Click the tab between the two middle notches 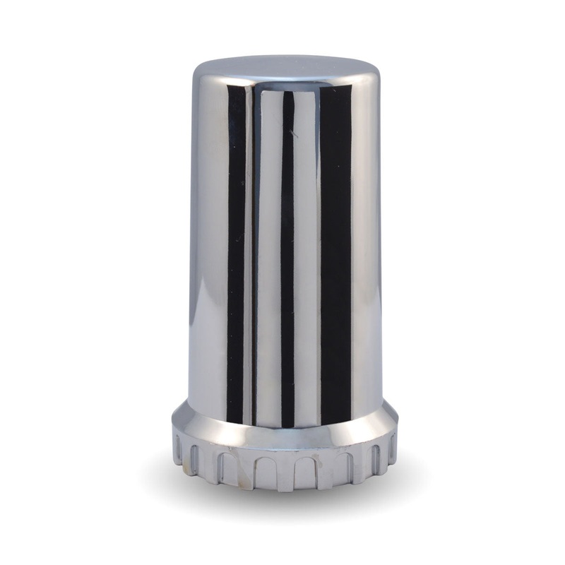(x=286, y=472)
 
